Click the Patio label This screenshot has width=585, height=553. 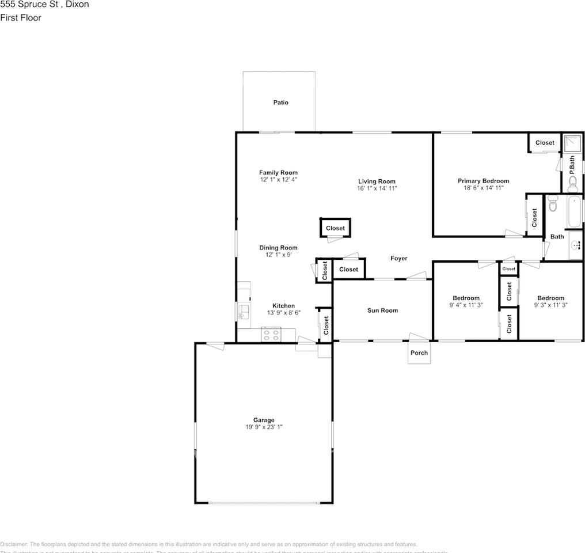[280, 103]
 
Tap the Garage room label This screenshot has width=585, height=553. [264, 420]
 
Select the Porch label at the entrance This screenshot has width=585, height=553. [419, 353]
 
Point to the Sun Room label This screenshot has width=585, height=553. [382, 310]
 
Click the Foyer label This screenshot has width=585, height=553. [398, 259]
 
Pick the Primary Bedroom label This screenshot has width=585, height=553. [483, 181]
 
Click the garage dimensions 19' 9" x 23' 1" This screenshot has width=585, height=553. [264, 427]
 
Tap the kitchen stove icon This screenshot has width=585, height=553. [271, 334]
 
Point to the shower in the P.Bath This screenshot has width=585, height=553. [572, 144]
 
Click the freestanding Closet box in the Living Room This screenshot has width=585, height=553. [335, 228]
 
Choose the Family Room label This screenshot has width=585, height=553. [278, 173]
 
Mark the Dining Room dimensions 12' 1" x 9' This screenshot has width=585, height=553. [278, 255]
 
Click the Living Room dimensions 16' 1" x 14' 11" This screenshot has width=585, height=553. [377, 188]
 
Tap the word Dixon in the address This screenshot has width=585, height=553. [77, 5]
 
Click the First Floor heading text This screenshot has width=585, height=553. [21, 18]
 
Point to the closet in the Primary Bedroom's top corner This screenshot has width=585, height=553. [544, 143]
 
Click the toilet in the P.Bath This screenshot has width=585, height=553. [573, 183]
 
